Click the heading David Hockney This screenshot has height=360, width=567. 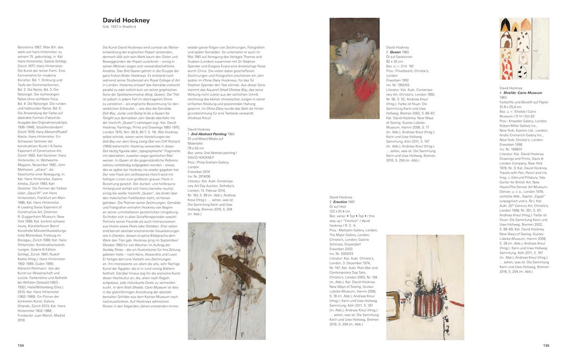click(x=126, y=20)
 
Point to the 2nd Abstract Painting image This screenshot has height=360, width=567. click(x=226, y=272)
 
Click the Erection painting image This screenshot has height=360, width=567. click(x=425, y=279)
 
